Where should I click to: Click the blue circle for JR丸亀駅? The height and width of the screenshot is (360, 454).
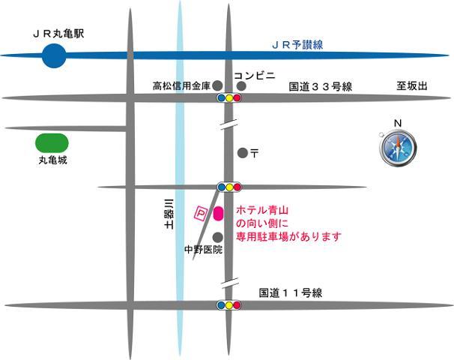(53, 55)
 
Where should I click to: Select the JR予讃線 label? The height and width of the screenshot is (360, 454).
(297, 46)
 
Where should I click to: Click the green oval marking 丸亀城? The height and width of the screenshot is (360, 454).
(52, 142)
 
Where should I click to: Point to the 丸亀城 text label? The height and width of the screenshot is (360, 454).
(52, 160)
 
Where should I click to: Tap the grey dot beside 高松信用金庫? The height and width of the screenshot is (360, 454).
(217, 85)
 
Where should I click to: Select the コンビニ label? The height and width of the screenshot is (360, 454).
(255, 76)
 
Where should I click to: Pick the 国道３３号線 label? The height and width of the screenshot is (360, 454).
(321, 88)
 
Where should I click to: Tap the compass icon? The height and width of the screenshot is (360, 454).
(397, 147)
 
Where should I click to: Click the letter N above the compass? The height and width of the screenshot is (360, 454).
(398, 123)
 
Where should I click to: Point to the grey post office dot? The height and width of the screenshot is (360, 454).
(242, 153)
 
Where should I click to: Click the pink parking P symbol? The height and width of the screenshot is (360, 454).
(200, 214)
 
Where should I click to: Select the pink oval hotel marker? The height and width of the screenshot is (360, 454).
(218, 214)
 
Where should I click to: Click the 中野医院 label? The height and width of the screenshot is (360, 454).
(203, 249)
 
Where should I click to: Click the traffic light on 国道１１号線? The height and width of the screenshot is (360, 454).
(228, 305)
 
